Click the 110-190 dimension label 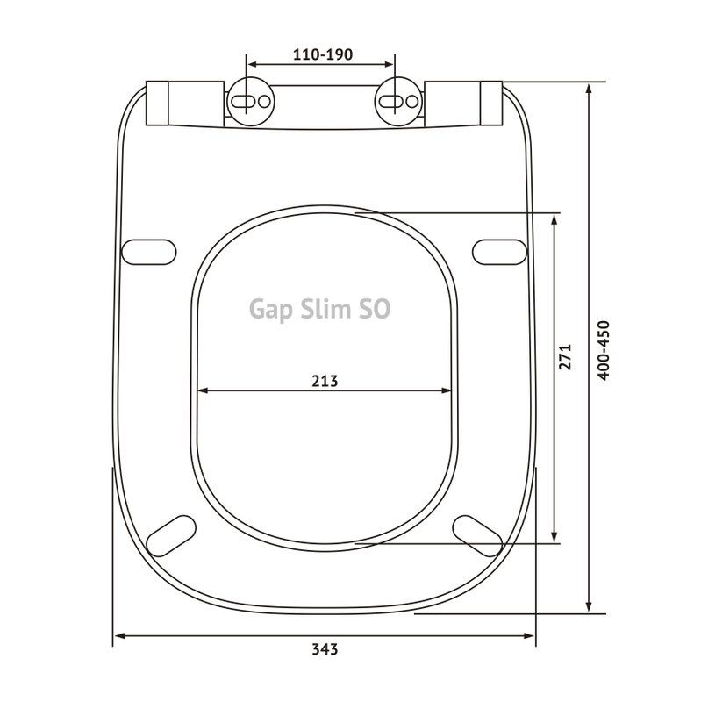tap(323, 54)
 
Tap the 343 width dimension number tap(325, 648)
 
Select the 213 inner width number tap(325, 381)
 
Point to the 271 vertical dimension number tap(565, 356)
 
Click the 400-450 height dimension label tap(604, 350)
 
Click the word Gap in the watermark tap(271, 310)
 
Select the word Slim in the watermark tap(325, 309)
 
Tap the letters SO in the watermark tap(376, 309)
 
